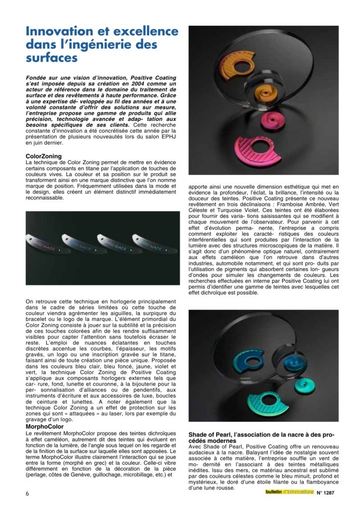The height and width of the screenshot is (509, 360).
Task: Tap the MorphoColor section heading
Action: [45, 426]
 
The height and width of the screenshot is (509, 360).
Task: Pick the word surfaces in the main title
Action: [52, 58]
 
